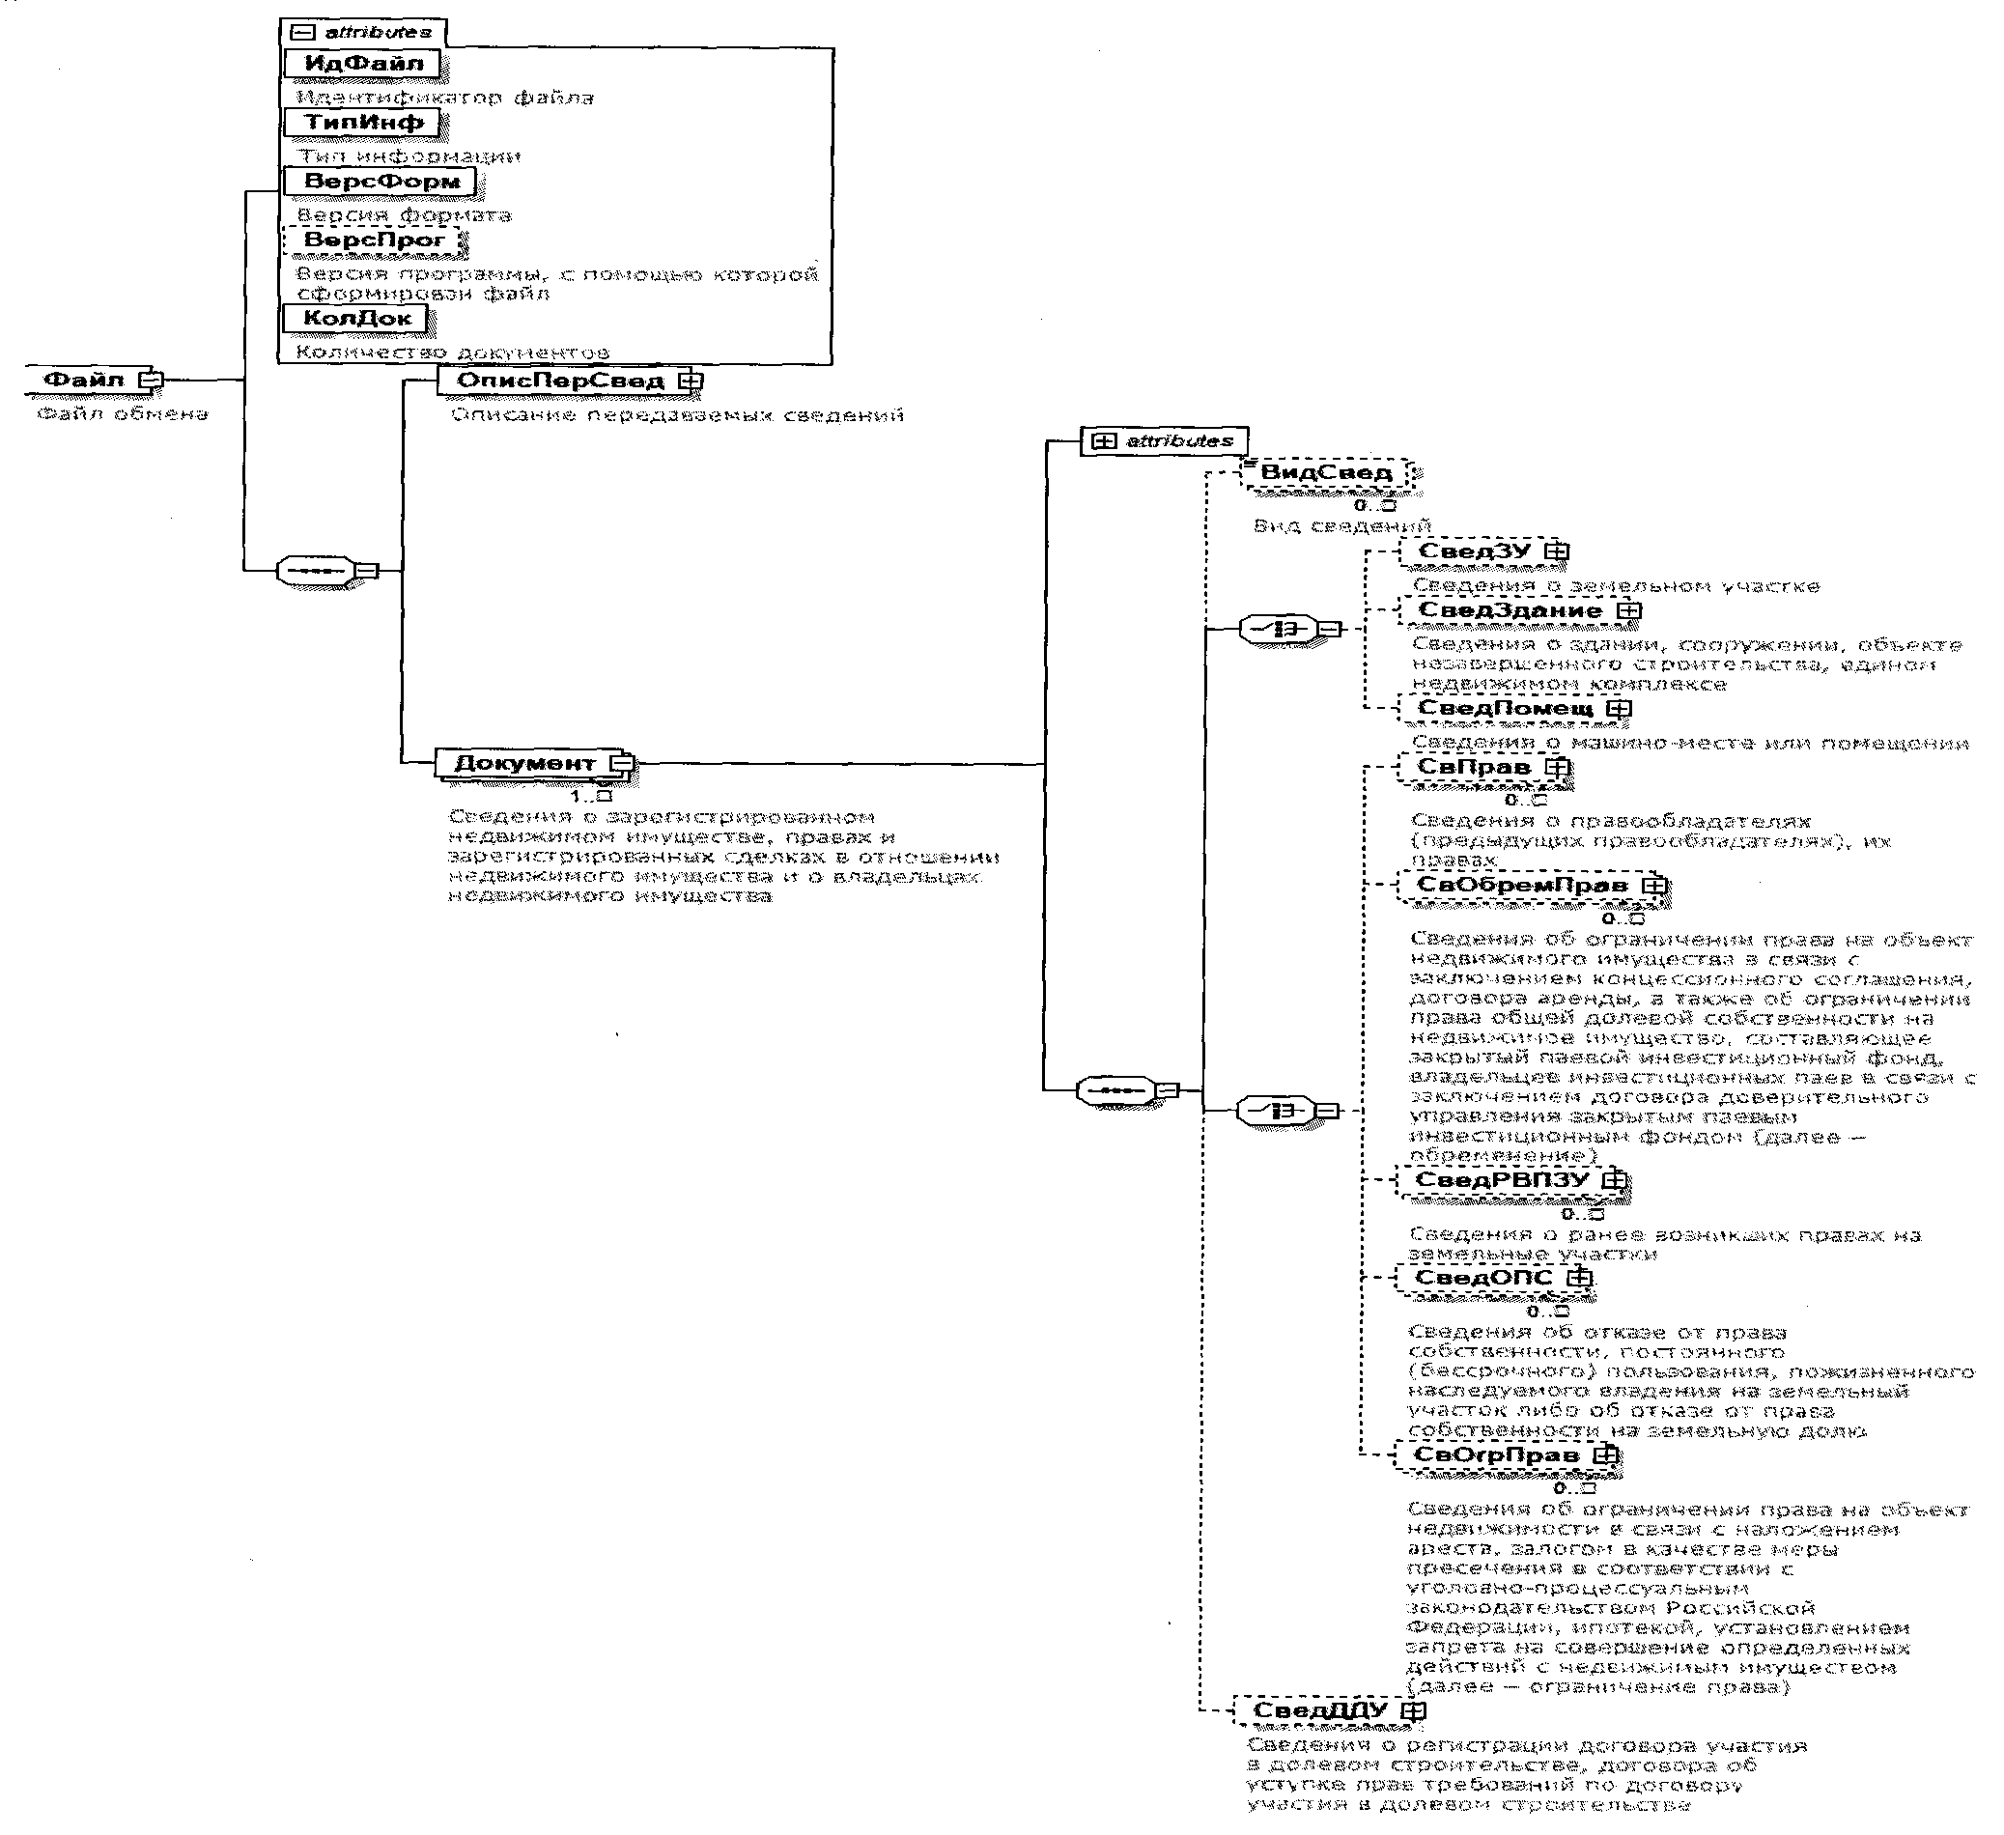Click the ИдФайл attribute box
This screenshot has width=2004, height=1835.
363,64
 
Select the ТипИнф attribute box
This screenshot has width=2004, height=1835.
363,124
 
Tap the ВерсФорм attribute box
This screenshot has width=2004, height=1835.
380,182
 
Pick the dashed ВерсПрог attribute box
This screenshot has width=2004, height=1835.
373,240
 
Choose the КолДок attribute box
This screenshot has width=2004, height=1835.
355,318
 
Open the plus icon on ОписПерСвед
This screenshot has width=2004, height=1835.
690,381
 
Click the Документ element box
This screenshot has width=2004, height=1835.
523,763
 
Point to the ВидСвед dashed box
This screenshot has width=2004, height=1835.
1325,472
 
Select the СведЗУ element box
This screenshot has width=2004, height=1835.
1473,551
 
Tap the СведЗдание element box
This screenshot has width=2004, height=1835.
1509,610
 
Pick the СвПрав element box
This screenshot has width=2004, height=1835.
1472,768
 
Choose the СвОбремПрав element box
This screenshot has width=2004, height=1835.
1521,885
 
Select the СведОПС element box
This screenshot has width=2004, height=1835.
1483,1278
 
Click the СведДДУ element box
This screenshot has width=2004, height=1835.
1319,1710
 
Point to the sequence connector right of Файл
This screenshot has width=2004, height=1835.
315,571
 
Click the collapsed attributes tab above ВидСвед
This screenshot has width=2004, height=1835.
1164,440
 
